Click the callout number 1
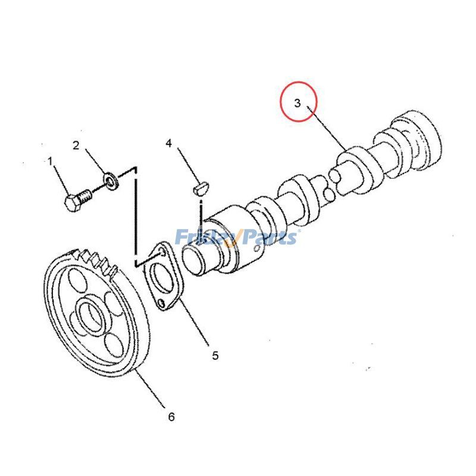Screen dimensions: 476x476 point(50,161)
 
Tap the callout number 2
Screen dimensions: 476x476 point(76,145)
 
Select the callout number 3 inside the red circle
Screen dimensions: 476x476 point(297,103)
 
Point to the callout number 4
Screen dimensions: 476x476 point(169,143)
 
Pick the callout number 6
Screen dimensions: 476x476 point(171,417)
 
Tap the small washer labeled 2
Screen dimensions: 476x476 point(110,178)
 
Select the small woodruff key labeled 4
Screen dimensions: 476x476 point(201,189)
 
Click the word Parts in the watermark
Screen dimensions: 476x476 point(270,238)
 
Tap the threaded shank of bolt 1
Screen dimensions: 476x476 point(85,195)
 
